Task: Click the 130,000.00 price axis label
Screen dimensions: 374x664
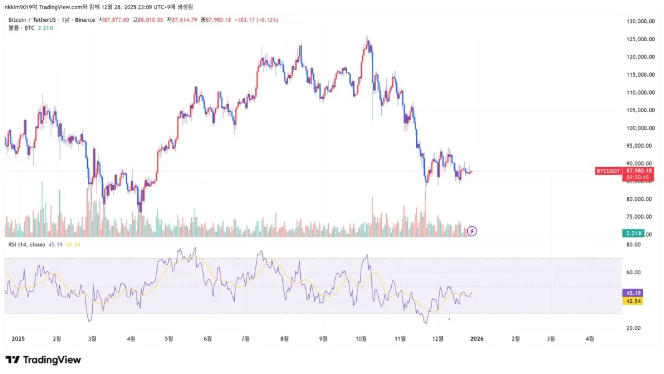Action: (640, 21)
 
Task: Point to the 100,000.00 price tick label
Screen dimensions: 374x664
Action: (640, 128)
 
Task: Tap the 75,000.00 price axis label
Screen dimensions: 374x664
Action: (640, 217)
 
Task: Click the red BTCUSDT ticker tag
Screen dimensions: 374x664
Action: (609, 171)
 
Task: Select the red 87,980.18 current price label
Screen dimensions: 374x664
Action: (638, 171)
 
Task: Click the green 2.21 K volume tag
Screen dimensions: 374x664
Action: (633, 233)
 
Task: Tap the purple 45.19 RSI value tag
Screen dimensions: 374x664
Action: (632, 292)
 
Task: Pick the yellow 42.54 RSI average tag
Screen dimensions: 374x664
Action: (632, 301)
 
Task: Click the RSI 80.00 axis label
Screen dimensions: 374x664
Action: (633, 245)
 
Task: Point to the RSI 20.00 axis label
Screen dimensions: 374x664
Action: (633, 328)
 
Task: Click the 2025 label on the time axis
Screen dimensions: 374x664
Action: (18, 338)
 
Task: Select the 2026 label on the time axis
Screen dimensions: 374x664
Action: (477, 338)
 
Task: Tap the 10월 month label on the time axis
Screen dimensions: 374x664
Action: (361, 338)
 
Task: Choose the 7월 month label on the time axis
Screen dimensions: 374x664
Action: (246, 338)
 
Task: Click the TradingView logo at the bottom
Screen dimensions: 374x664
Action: (43, 360)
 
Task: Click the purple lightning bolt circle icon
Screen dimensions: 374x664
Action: (472, 231)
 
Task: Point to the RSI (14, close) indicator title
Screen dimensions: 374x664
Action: (26, 244)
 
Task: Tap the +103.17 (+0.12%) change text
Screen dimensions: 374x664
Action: (256, 20)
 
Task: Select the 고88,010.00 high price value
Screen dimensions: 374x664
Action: (148, 20)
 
